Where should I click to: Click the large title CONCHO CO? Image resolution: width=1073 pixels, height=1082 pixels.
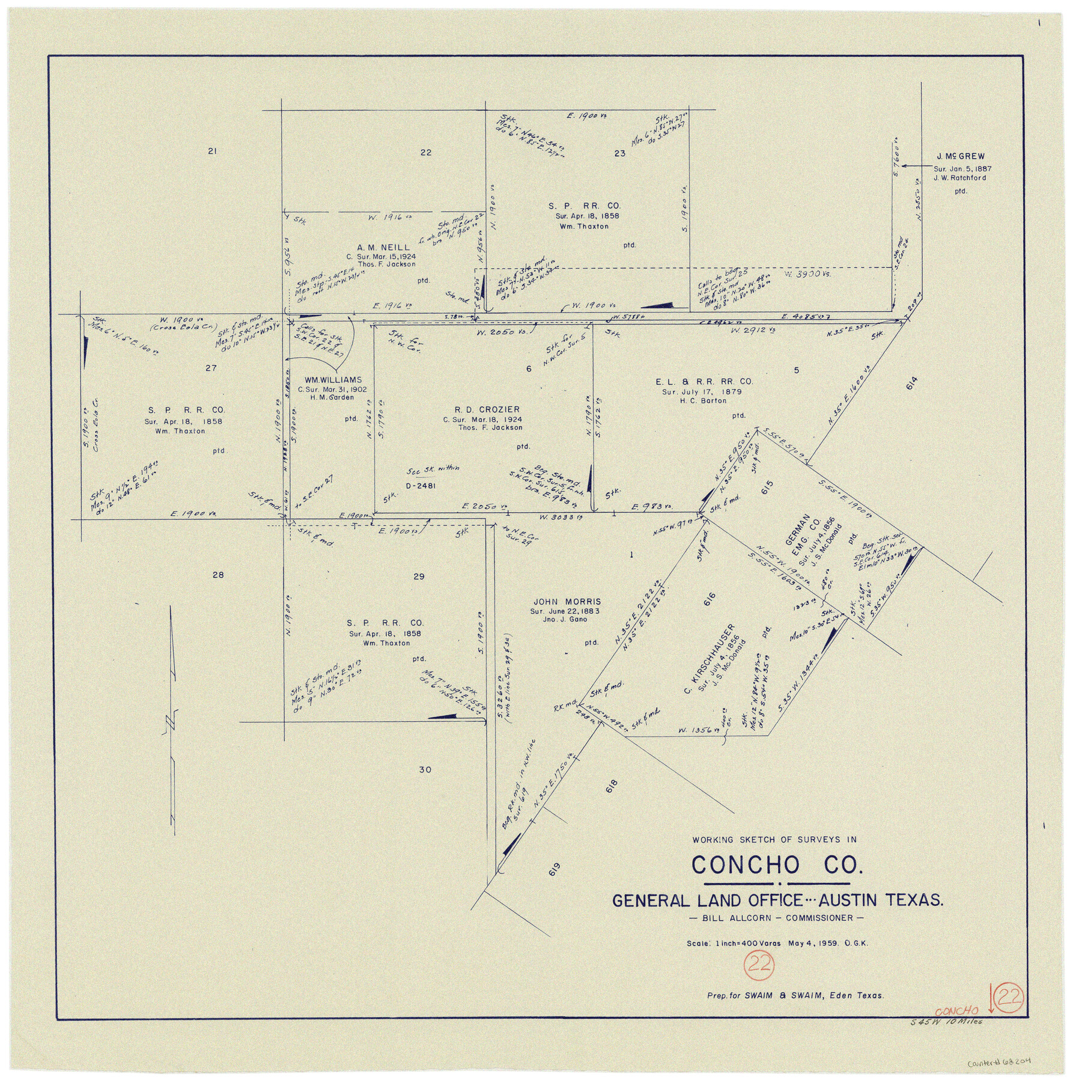coord(776,866)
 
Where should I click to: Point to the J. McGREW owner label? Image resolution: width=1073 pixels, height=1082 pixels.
coord(959,156)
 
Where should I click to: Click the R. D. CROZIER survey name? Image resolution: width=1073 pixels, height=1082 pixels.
coord(478,410)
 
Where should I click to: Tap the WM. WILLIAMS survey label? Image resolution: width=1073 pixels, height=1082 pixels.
coord(333,380)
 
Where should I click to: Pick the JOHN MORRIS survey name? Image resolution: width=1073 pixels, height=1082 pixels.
coord(567,602)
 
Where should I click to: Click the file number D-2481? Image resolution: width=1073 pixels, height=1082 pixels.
coord(421,486)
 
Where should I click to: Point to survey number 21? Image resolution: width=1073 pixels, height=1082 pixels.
coord(211,151)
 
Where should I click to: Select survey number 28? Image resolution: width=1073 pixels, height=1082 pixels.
coord(217,575)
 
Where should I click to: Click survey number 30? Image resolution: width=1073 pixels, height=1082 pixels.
coord(425,770)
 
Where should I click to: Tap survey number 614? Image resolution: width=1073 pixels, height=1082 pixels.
coord(912,382)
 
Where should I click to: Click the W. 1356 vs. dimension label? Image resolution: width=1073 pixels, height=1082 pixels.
coord(695,730)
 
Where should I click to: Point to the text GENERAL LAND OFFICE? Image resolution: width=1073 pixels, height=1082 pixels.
coord(707,900)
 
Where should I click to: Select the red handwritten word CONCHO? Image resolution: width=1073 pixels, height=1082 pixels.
coord(956,1011)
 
